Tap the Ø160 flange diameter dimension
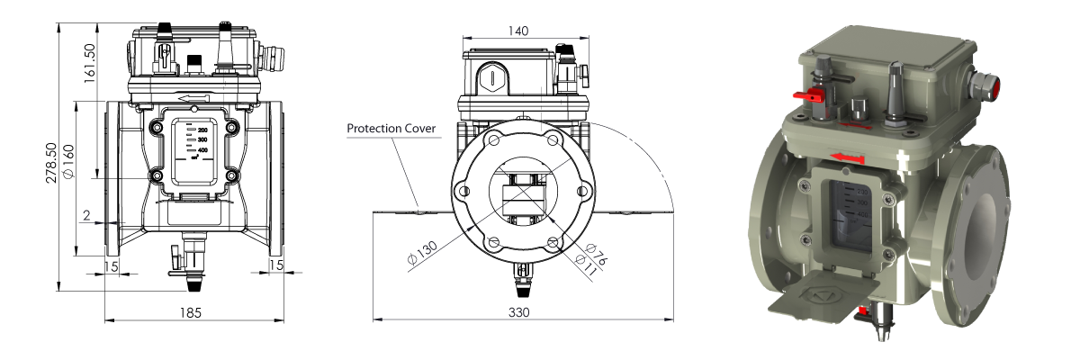68,160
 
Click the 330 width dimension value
518,311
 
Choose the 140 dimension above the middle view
518,30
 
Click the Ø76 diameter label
595,253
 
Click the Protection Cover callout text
391,129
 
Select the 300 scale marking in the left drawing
202,140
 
